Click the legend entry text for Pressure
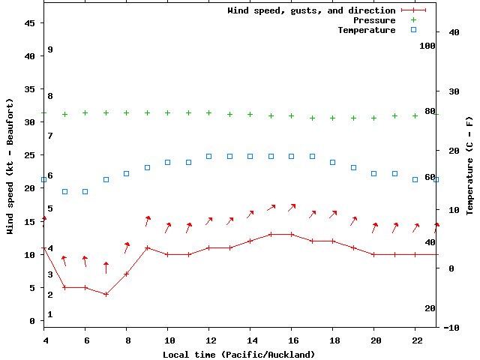pos(374,20)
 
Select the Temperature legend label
pos(366,30)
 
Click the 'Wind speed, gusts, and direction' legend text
pos(311,10)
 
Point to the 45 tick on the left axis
pos(30,23)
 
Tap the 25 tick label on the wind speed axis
pos(30,155)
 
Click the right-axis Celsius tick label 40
pos(454,32)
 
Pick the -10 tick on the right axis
pos(451,328)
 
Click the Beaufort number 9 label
pos(49,49)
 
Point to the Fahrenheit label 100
pos(427,46)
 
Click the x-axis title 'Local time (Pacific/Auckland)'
pos(239,354)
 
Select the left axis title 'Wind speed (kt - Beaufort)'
pos(10,166)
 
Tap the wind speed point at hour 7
pos(106,294)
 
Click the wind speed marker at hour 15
pos(271,234)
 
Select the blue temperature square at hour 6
pos(85,191)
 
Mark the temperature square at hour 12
pos(209,156)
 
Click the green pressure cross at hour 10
pos(168,112)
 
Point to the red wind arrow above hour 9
pos(147,220)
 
